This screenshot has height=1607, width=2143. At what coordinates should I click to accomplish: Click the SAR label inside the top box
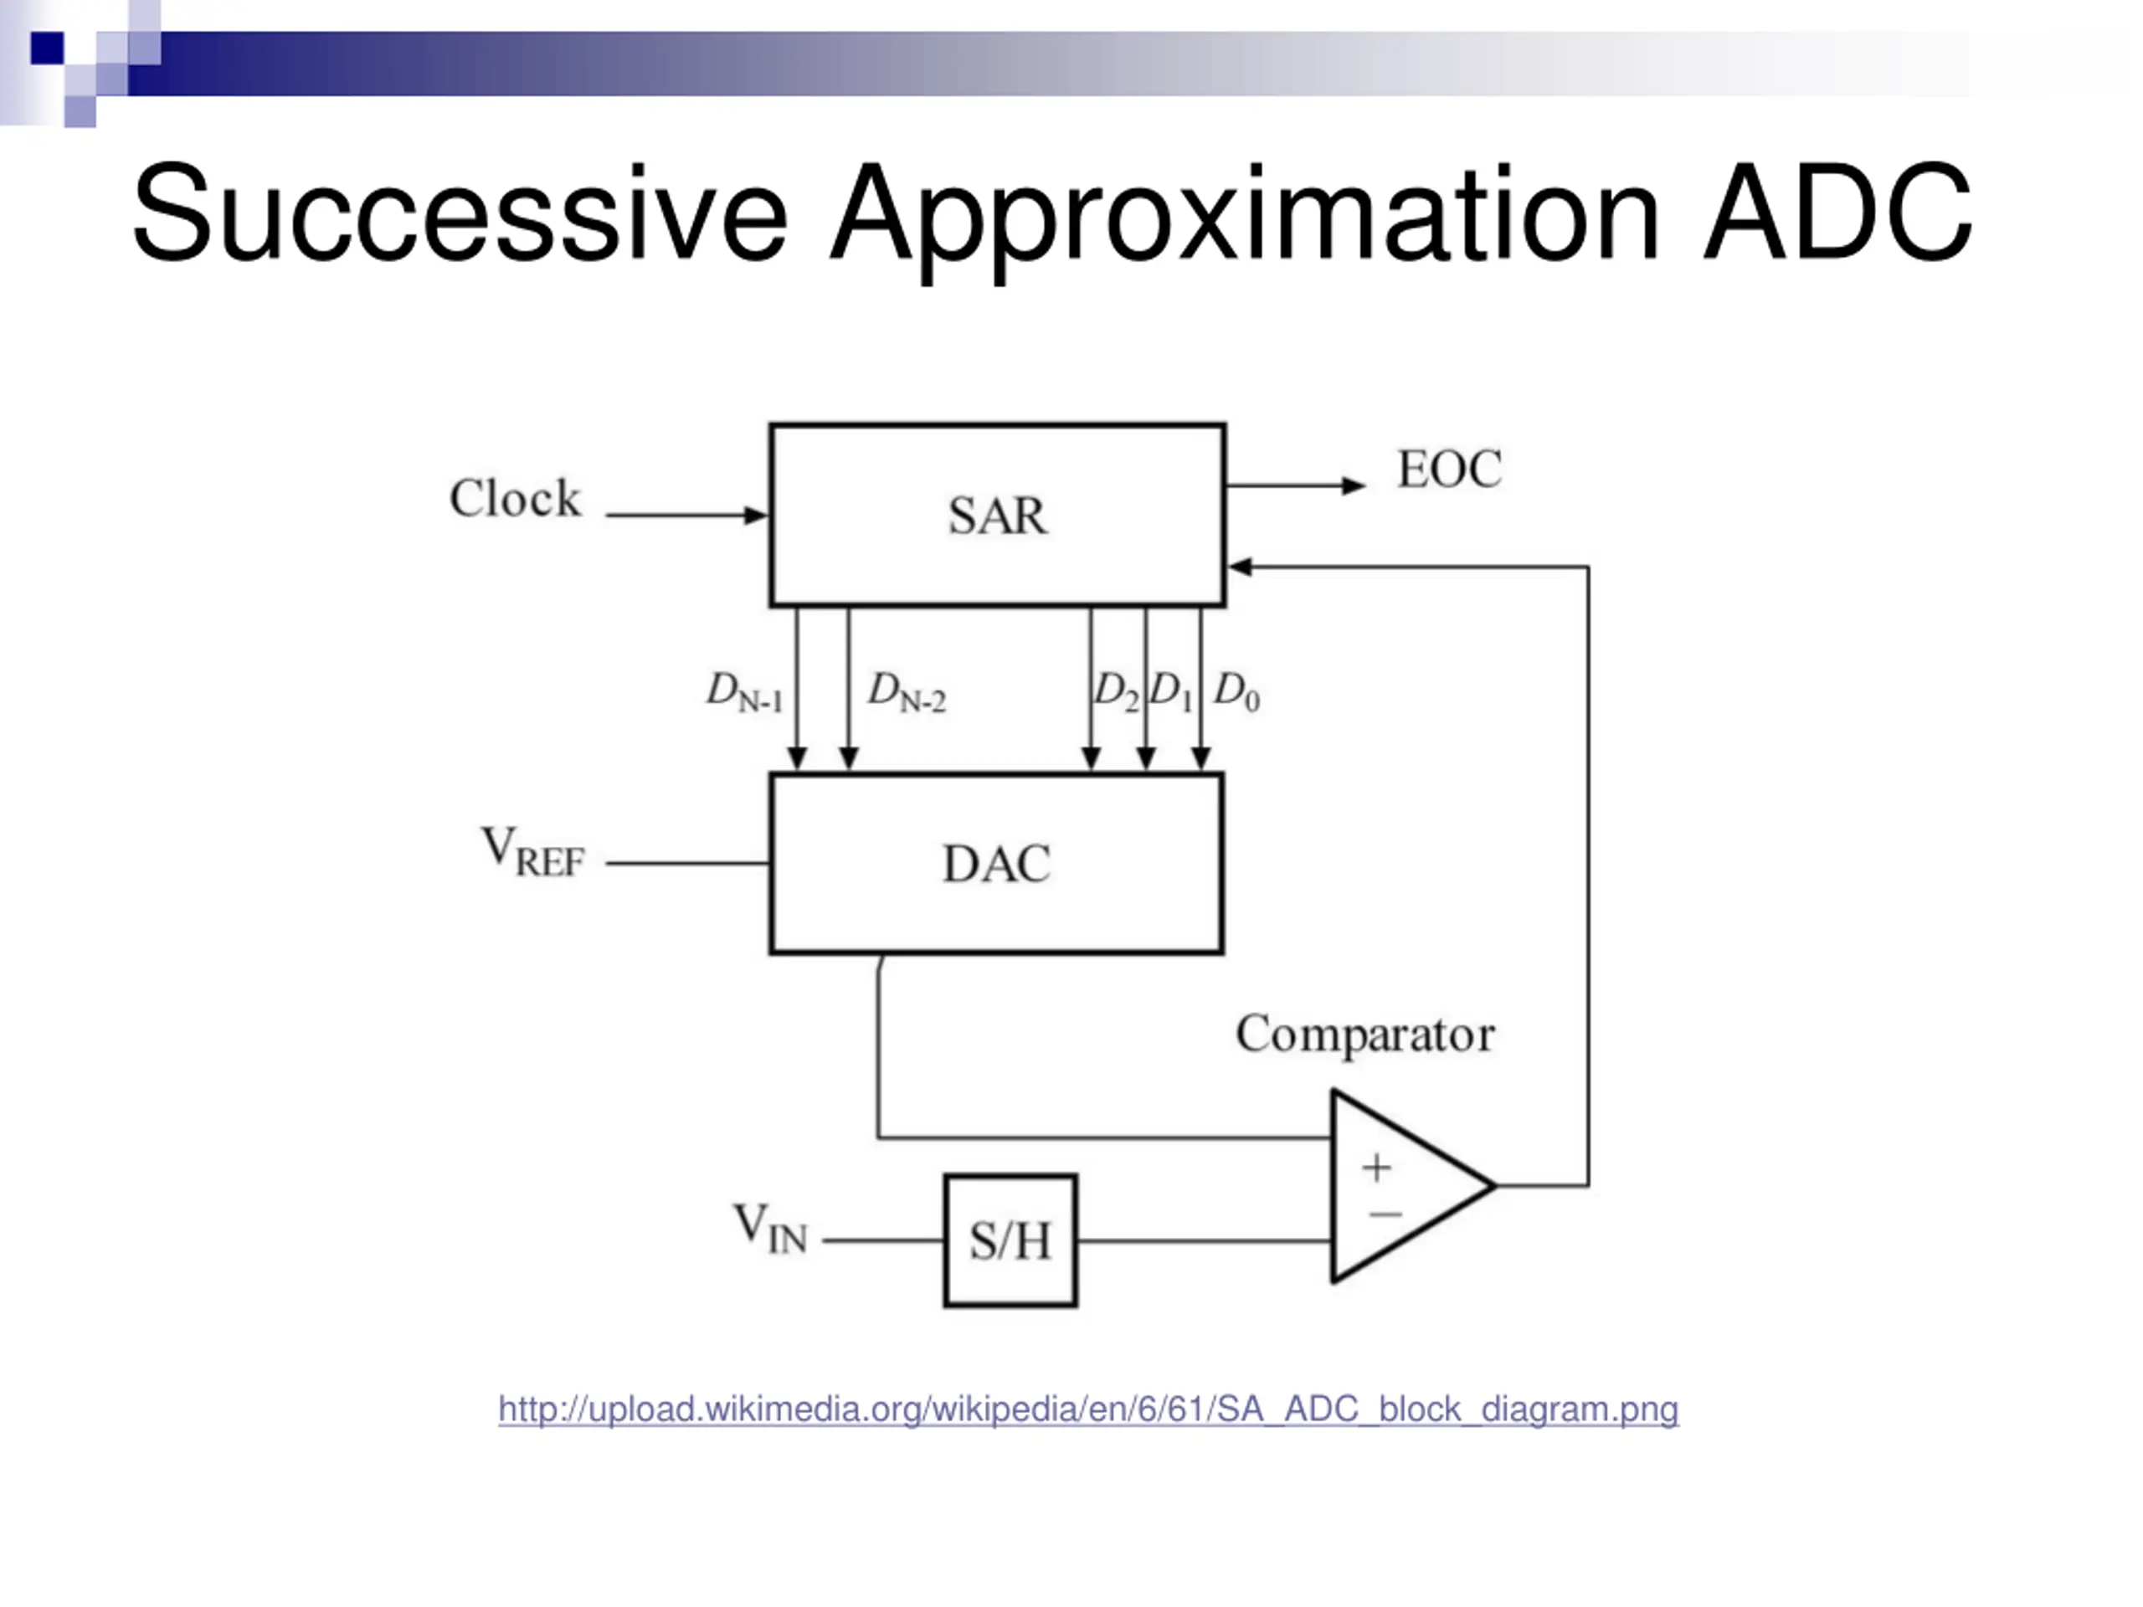997,516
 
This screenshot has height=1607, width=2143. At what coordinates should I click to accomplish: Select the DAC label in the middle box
996,864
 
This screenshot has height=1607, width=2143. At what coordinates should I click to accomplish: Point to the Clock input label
515,499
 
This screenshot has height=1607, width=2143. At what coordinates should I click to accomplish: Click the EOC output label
1448,470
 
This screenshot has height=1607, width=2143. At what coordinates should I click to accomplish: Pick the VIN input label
769,1228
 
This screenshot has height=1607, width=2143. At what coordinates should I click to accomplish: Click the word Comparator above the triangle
1365,1035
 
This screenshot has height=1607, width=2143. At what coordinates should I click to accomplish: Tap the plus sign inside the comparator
1375,1168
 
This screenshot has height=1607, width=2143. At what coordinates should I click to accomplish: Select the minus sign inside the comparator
1385,1214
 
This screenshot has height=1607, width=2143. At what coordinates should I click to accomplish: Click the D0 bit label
1236,691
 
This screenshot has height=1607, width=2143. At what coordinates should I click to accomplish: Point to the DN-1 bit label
744,691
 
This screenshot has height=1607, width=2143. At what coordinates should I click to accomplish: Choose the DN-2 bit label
906,691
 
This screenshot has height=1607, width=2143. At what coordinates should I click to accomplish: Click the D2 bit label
1116,691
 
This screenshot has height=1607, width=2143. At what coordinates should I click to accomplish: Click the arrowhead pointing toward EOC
1354,485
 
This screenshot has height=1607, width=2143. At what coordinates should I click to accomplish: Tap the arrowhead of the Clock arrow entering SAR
756,516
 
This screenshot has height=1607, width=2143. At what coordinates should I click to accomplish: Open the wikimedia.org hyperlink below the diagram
1088,1409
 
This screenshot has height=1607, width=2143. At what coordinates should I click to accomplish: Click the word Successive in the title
460,213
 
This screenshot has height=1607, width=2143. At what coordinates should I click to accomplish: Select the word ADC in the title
1837,213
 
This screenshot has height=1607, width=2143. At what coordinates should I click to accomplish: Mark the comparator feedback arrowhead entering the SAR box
1240,567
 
